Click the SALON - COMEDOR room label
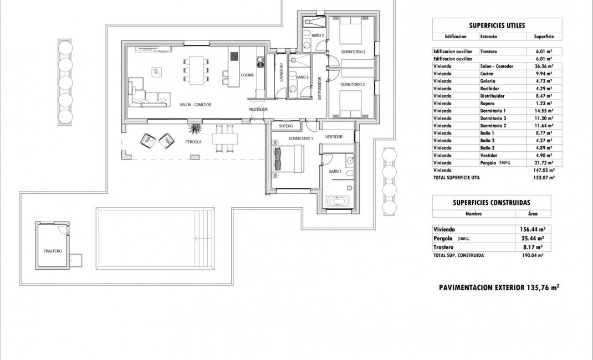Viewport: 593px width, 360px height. (x=195, y=105)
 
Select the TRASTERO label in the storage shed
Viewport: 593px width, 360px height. (x=53, y=251)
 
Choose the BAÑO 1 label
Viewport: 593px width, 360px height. (x=335, y=172)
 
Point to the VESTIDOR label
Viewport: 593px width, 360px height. (x=334, y=137)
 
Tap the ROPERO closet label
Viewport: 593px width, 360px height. (x=286, y=126)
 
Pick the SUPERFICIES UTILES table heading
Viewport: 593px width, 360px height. (x=497, y=25)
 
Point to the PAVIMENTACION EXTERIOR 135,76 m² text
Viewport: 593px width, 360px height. (x=499, y=287)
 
